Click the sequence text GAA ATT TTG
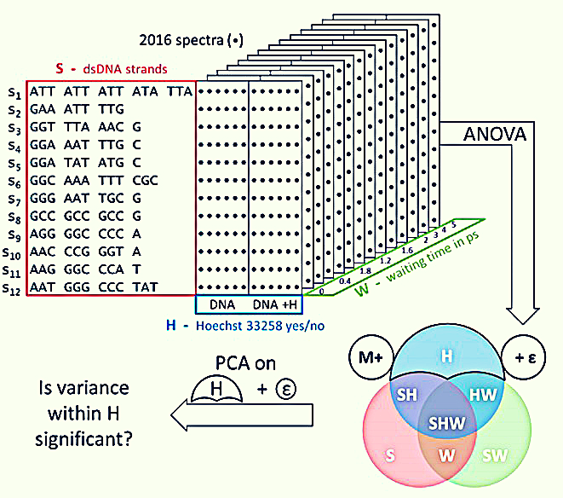coord(77,109)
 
